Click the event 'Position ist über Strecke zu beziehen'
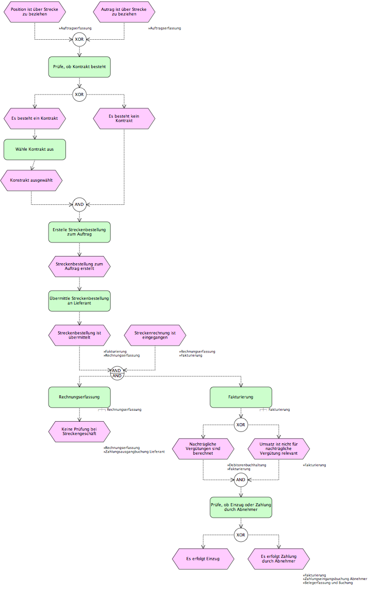tap(35, 12)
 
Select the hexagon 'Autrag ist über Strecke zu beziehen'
tap(124, 12)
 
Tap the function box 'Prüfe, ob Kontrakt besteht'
tap(79, 67)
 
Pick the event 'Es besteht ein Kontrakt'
tap(35, 119)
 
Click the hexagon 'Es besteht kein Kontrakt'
tap(124, 119)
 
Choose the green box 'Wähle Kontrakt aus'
tap(35, 150)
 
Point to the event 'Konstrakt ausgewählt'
tap(31, 181)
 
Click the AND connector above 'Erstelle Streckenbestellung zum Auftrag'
tap(79, 204)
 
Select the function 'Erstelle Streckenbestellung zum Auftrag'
tap(79, 232)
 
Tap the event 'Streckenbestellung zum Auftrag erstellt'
tap(79, 267)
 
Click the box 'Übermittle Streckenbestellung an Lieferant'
tap(79, 301)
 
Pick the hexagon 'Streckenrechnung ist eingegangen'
tap(155, 335)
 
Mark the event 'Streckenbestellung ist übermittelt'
tap(79, 335)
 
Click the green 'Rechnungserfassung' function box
tap(79, 397)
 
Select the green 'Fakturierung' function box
tap(241, 397)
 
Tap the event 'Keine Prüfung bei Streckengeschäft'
tap(79, 432)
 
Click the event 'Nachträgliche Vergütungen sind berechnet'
tap(203, 449)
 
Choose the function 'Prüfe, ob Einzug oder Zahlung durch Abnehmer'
tap(241, 508)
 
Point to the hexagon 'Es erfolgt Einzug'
tap(203, 559)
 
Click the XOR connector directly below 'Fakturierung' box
tap(241, 425)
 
